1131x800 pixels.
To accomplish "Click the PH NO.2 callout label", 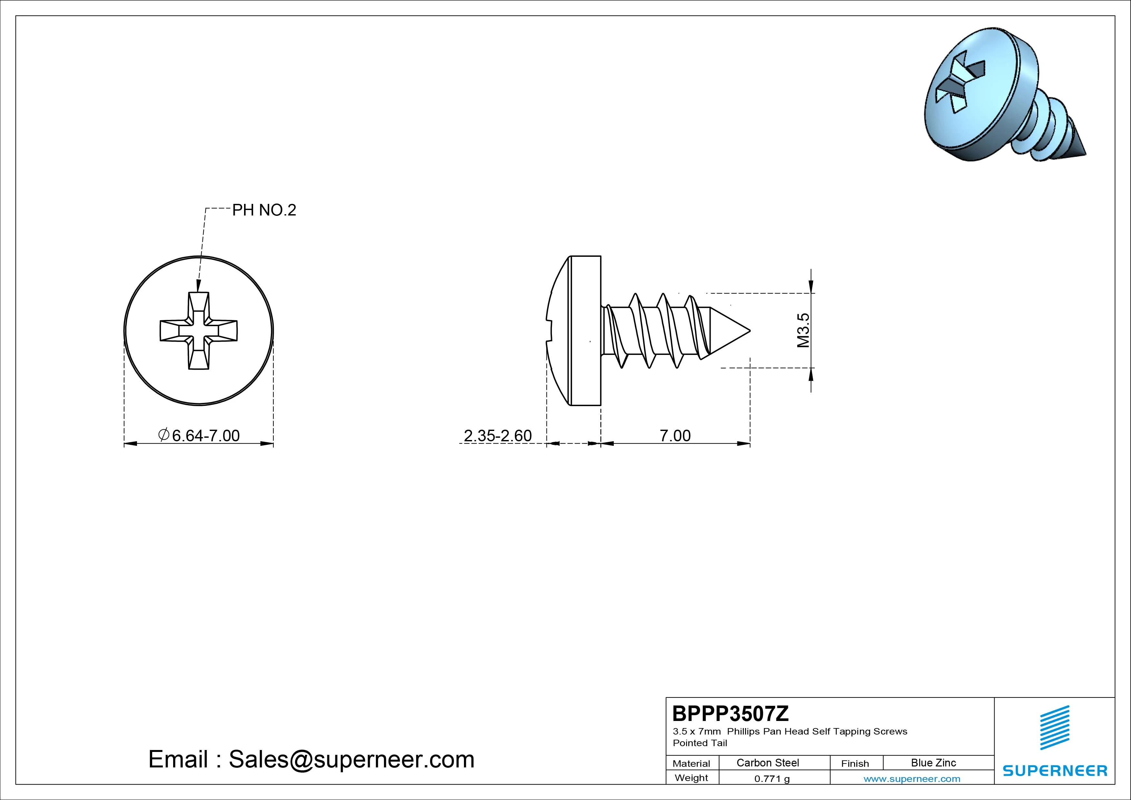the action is [264, 210].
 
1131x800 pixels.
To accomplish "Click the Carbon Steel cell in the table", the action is [767, 763].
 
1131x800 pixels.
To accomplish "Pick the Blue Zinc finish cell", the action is [933, 763].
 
